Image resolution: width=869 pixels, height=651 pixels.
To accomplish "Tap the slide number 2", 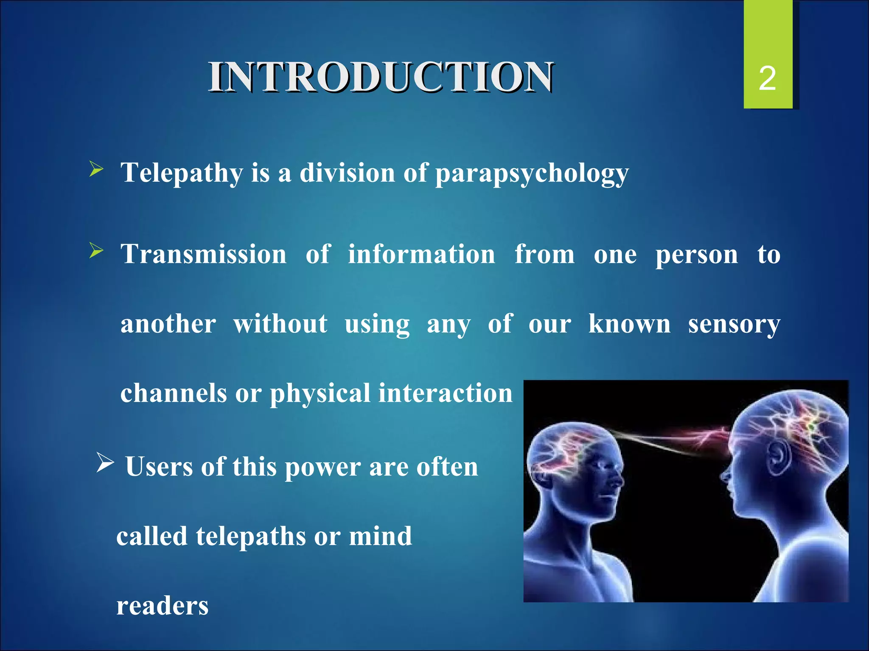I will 767,79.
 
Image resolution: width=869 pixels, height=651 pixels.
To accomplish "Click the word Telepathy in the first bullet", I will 182,173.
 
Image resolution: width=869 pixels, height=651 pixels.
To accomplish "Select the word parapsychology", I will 532,174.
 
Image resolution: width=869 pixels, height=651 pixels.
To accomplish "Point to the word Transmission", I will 204,254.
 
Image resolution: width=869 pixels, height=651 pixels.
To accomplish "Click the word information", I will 421,254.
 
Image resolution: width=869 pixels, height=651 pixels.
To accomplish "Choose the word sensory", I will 734,325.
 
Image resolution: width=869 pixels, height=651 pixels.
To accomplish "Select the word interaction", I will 446,393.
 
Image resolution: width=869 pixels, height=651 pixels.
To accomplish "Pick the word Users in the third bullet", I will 159,467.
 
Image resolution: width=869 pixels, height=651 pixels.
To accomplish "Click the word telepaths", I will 251,536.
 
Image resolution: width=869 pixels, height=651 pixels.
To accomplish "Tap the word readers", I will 163,606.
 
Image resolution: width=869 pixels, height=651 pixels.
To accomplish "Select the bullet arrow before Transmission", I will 96,252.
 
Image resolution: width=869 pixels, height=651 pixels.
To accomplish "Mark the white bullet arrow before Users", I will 105,462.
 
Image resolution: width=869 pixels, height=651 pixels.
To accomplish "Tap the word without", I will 280,324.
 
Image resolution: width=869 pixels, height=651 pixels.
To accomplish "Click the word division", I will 348,173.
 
